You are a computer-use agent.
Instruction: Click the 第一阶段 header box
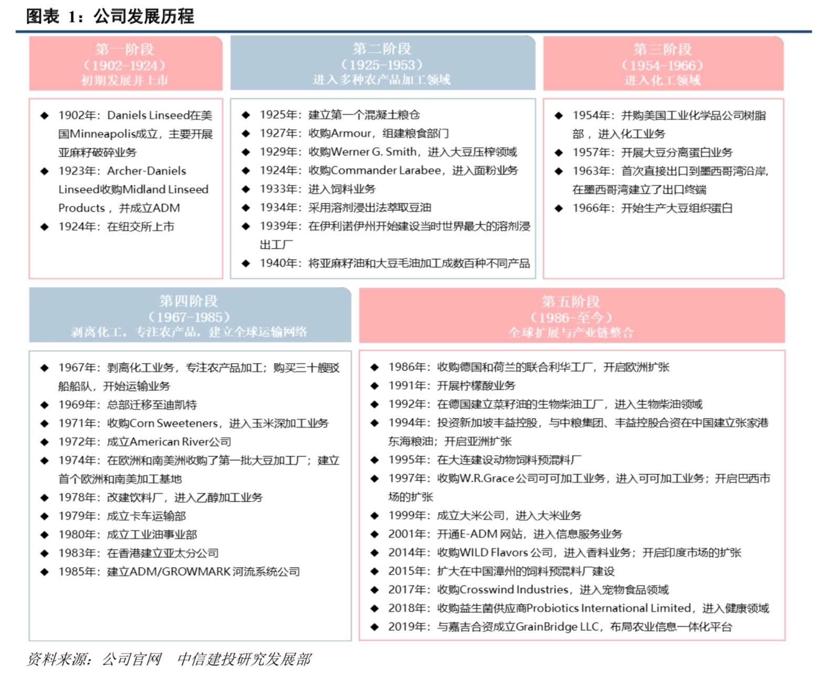click(125, 64)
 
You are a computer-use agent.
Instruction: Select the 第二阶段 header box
click(382, 63)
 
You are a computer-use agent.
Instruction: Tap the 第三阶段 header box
click(663, 64)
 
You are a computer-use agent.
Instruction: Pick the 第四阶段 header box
click(190, 315)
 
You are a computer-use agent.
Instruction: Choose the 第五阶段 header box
click(571, 316)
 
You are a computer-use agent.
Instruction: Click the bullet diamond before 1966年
click(559, 208)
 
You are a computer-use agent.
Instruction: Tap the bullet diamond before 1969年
click(45, 405)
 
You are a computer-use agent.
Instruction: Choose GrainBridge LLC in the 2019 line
click(557, 626)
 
